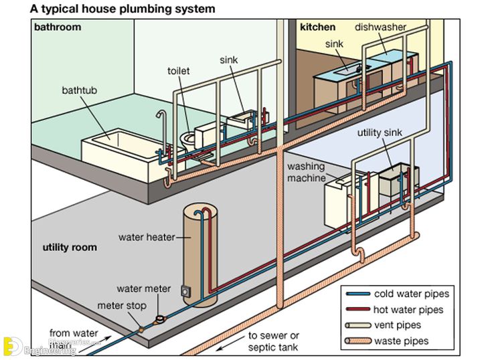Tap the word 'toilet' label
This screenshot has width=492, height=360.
click(x=179, y=70)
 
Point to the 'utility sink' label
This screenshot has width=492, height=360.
click(x=379, y=132)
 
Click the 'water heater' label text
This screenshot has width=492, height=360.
click(x=147, y=237)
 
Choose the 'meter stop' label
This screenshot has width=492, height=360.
click(x=121, y=306)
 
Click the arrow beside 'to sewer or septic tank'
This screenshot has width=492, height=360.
click(x=224, y=340)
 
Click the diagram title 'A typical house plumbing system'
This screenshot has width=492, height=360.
click(x=122, y=9)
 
